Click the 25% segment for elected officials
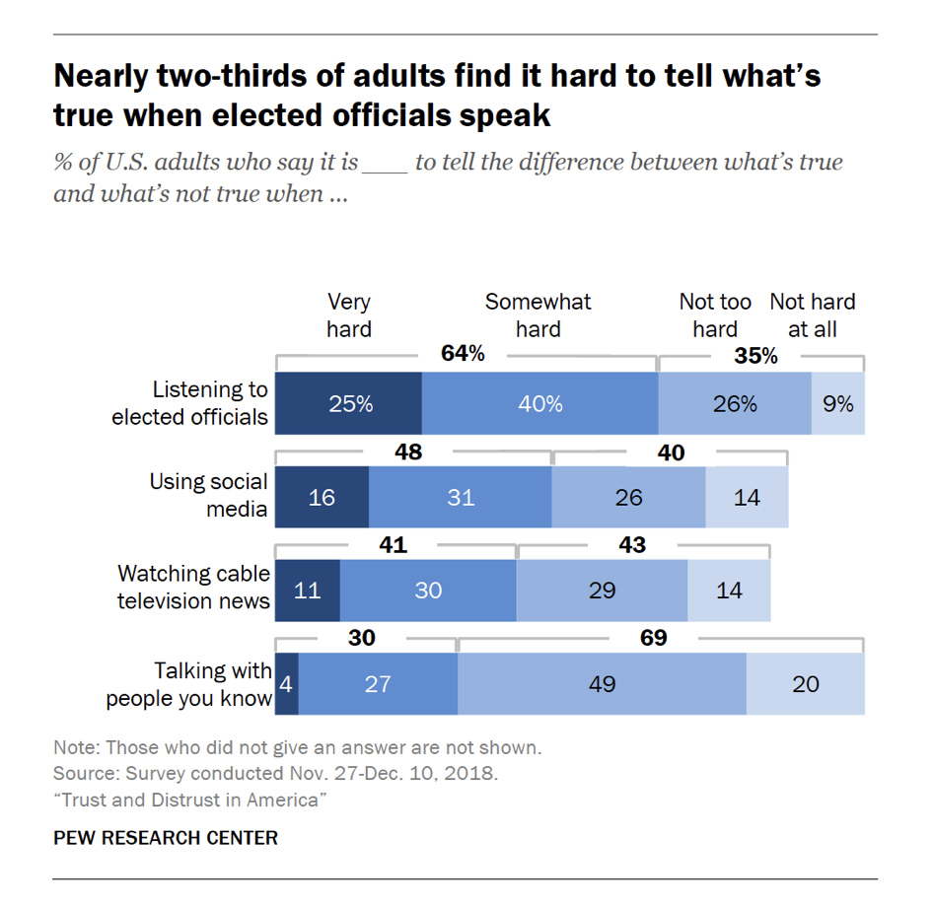pos(348,403)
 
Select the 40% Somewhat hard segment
pos(539,403)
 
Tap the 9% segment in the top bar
pos(837,403)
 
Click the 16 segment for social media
pos(322,497)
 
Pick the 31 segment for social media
pos(460,497)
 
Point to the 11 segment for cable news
pos(307,590)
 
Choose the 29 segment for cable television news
pos(602,590)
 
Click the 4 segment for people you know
pos(286,682)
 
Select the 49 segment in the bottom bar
pos(602,682)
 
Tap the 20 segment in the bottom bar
pos(805,682)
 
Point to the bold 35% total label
pos(755,356)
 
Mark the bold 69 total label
pos(653,638)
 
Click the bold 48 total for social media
pos(407,452)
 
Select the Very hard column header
pos(349,314)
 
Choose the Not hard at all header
pos(812,314)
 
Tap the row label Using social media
pos(208,495)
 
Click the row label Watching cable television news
pos(193,587)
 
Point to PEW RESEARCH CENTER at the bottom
pos(166,838)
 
